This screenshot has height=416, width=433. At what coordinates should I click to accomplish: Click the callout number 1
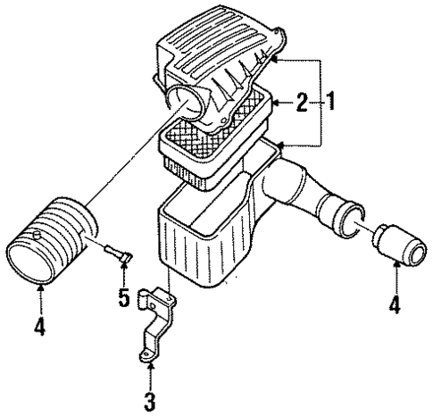pyautogui.click(x=330, y=103)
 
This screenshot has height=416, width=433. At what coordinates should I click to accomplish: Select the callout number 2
pyautogui.click(x=304, y=103)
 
